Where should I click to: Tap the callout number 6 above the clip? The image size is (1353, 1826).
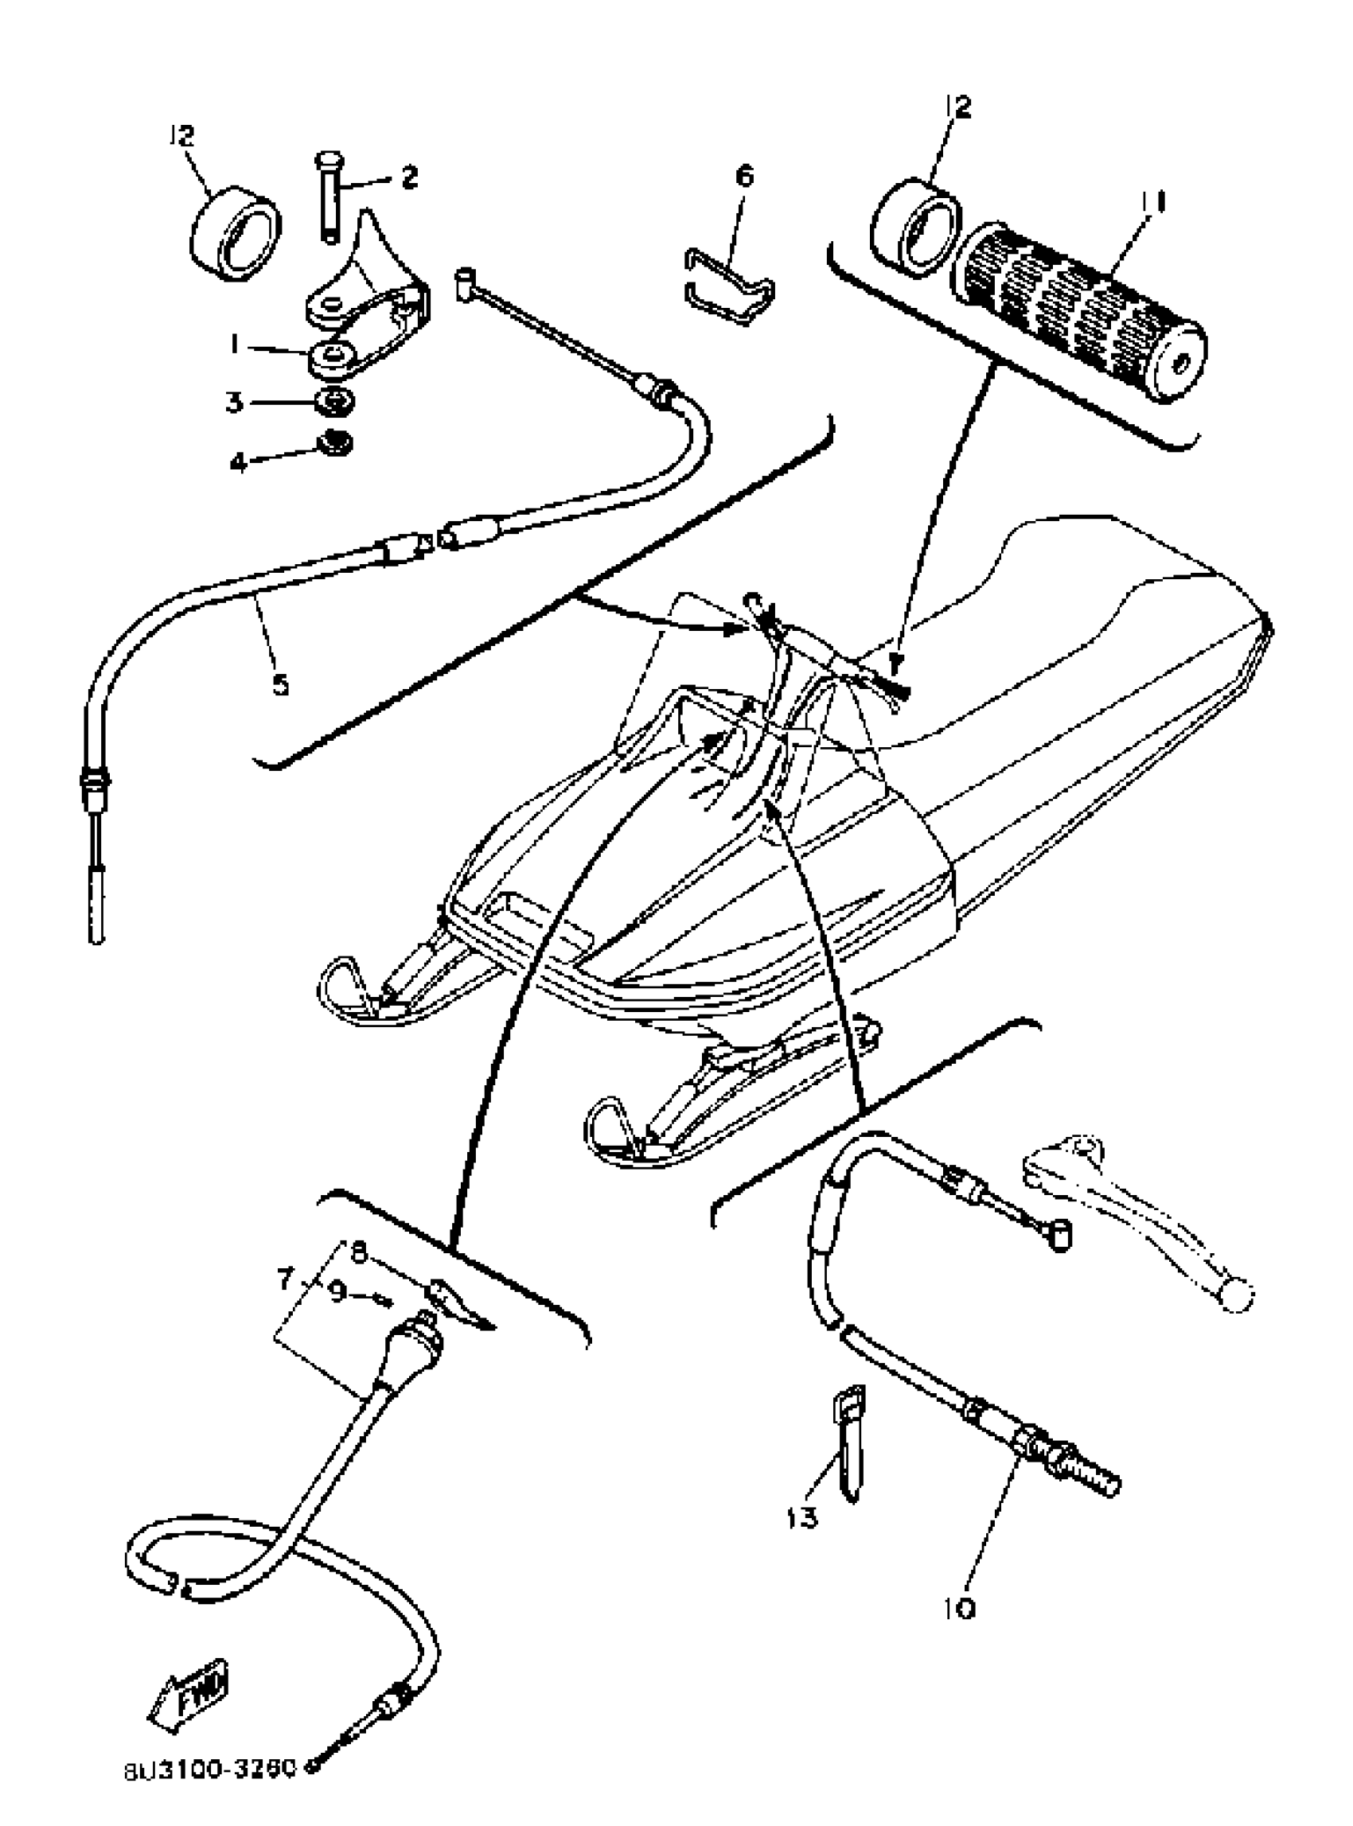coord(744,176)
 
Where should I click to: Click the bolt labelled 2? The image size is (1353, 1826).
coord(329,197)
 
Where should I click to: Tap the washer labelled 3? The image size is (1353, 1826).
coord(336,403)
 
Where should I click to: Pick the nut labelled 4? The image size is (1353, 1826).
coord(337,443)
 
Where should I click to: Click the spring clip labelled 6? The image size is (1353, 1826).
coord(729,286)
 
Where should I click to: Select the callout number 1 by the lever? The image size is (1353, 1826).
coord(235,347)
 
